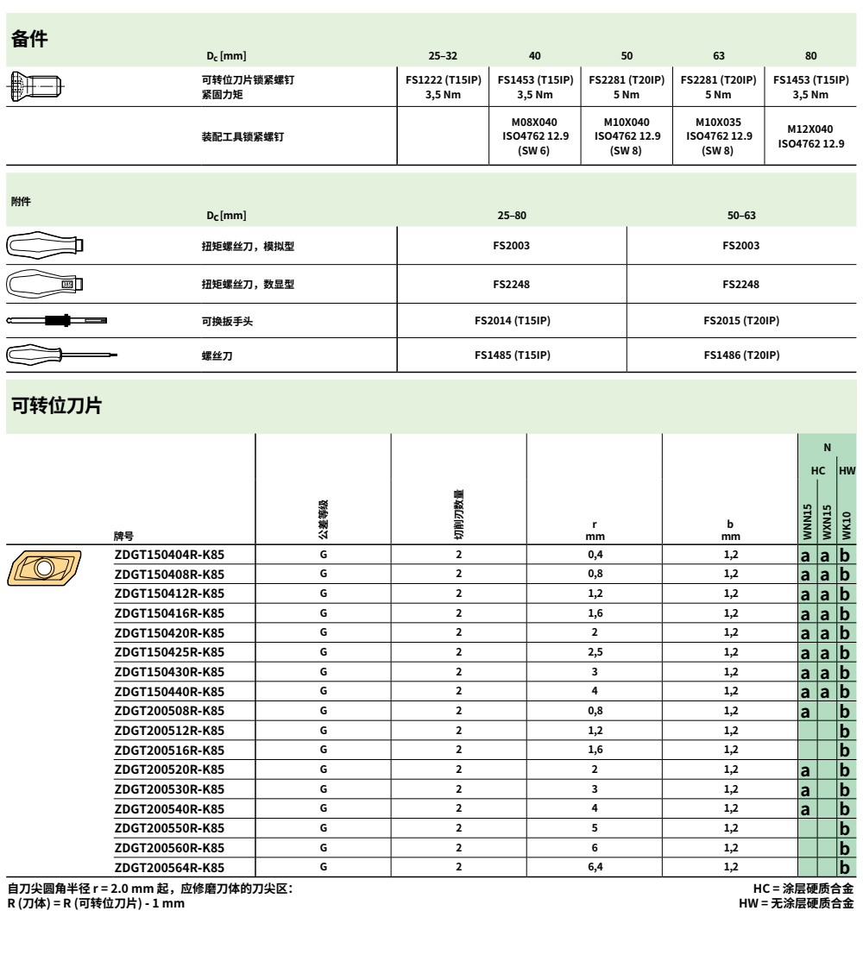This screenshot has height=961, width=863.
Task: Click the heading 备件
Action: (x=29, y=38)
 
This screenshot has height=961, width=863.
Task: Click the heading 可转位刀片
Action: (x=56, y=405)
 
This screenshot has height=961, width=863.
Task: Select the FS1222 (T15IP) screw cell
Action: (x=444, y=87)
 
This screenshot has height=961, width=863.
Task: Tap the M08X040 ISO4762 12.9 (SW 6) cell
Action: (x=535, y=136)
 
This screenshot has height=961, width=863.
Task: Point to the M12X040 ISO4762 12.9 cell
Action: (x=811, y=136)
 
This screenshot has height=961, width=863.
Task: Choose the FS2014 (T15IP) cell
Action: (x=512, y=321)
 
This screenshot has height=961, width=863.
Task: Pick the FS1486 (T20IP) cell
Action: (x=741, y=355)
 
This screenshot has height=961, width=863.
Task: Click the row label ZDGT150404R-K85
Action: (x=169, y=555)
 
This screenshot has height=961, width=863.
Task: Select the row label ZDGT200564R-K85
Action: (x=169, y=866)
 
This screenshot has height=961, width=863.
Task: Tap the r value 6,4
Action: (x=595, y=866)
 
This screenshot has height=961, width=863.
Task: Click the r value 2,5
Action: (x=595, y=652)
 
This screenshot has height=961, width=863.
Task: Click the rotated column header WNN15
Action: (x=808, y=521)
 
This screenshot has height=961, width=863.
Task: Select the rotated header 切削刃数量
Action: (x=459, y=512)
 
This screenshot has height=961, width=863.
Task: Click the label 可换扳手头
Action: (x=227, y=321)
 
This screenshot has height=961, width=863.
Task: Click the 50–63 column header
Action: (x=741, y=215)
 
